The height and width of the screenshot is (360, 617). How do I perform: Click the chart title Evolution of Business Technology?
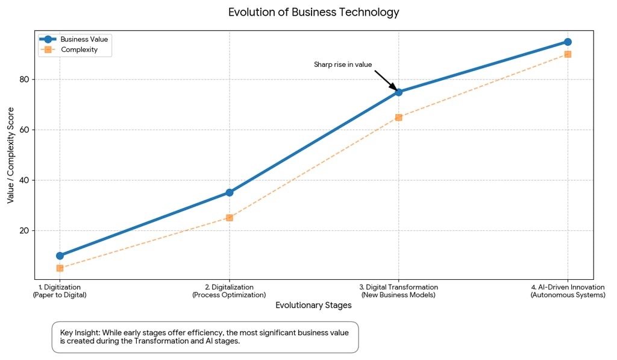tap(313, 12)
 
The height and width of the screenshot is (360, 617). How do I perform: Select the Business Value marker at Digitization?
tap(60, 256)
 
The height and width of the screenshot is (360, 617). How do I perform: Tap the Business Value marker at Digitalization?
tap(230, 192)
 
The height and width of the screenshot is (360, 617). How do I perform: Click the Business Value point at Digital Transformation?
tap(398, 92)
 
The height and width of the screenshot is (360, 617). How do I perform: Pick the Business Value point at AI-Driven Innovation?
tap(568, 42)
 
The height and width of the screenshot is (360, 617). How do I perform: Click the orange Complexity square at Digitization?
tap(60, 268)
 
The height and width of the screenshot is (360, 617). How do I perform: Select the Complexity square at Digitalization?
tap(230, 218)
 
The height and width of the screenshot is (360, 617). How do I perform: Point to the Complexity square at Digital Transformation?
tap(398, 117)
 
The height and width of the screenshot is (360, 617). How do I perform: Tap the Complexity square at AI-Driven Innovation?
tap(568, 54)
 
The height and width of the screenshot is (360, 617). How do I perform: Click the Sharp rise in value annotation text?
tap(343, 65)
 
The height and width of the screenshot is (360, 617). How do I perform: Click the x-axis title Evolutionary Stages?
tap(313, 305)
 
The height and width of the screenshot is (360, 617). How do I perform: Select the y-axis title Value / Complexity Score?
tap(10, 156)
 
